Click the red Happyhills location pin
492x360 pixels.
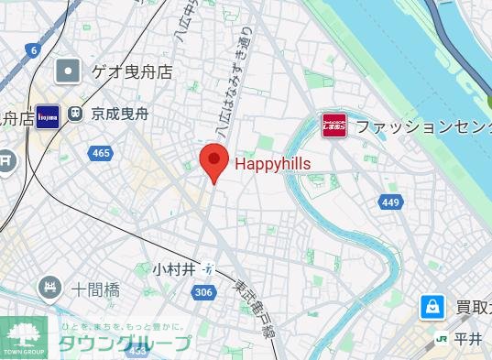click(x=213, y=163)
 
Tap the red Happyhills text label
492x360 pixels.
click(x=273, y=164)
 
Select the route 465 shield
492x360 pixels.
click(x=102, y=153)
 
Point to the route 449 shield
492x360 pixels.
click(x=391, y=201)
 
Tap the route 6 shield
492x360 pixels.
click(x=33, y=50)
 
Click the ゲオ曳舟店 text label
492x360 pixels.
click(x=132, y=71)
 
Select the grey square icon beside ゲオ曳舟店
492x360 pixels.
click(x=67, y=71)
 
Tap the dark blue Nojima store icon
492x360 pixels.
click(x=49, y=115)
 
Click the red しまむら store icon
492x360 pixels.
click(x=334, y=125)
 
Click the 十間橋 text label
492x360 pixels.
click(x=96, y=289)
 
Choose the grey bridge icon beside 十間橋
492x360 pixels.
click(x=49, y=289)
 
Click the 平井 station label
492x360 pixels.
click(x=468, y=339)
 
